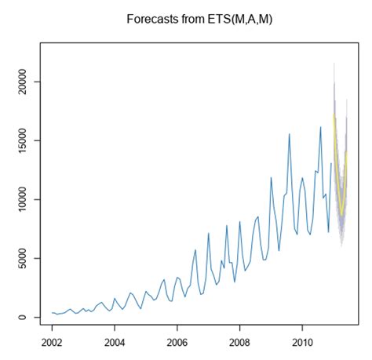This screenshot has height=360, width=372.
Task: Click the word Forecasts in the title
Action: tap(152, 17)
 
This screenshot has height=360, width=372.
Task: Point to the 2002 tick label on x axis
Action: tap(52, 343)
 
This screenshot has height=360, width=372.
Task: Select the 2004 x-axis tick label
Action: tap(115, 343)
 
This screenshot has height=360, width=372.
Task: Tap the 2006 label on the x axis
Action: tap(177, 343)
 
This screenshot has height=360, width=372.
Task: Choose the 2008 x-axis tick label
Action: tap(240, 343)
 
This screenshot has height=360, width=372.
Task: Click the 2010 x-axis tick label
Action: tap(303, 343)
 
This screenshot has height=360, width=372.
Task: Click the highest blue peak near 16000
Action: tap(320, 127)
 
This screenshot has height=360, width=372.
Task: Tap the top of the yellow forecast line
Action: tap(334, 115)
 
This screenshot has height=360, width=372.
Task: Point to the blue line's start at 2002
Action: tap(52, 313)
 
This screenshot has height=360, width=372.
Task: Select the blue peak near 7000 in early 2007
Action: tap(209, 233)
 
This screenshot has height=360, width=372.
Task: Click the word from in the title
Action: tap(190, 17)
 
